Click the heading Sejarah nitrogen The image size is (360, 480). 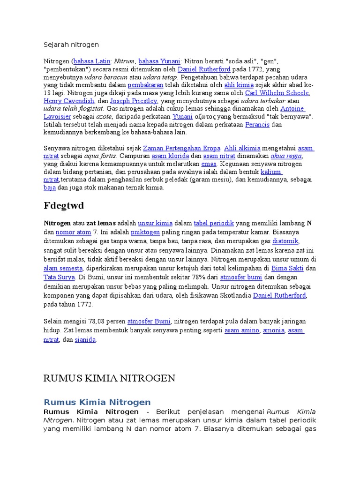pyautogui.click(x=71, y=45)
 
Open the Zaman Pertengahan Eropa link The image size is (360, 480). pyautogui.click(x=181, y=148)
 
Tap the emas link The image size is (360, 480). pyautogui.click(x=209, y=164)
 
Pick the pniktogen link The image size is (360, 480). pyautogui.click(x=146, y=232)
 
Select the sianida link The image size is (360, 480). pyautogui.click(x=85, y=340)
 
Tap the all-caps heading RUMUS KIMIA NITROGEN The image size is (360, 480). pyautogui.click(x=109, y=378)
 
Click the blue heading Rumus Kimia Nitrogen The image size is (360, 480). pyautogui.click(x=97, y=402)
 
